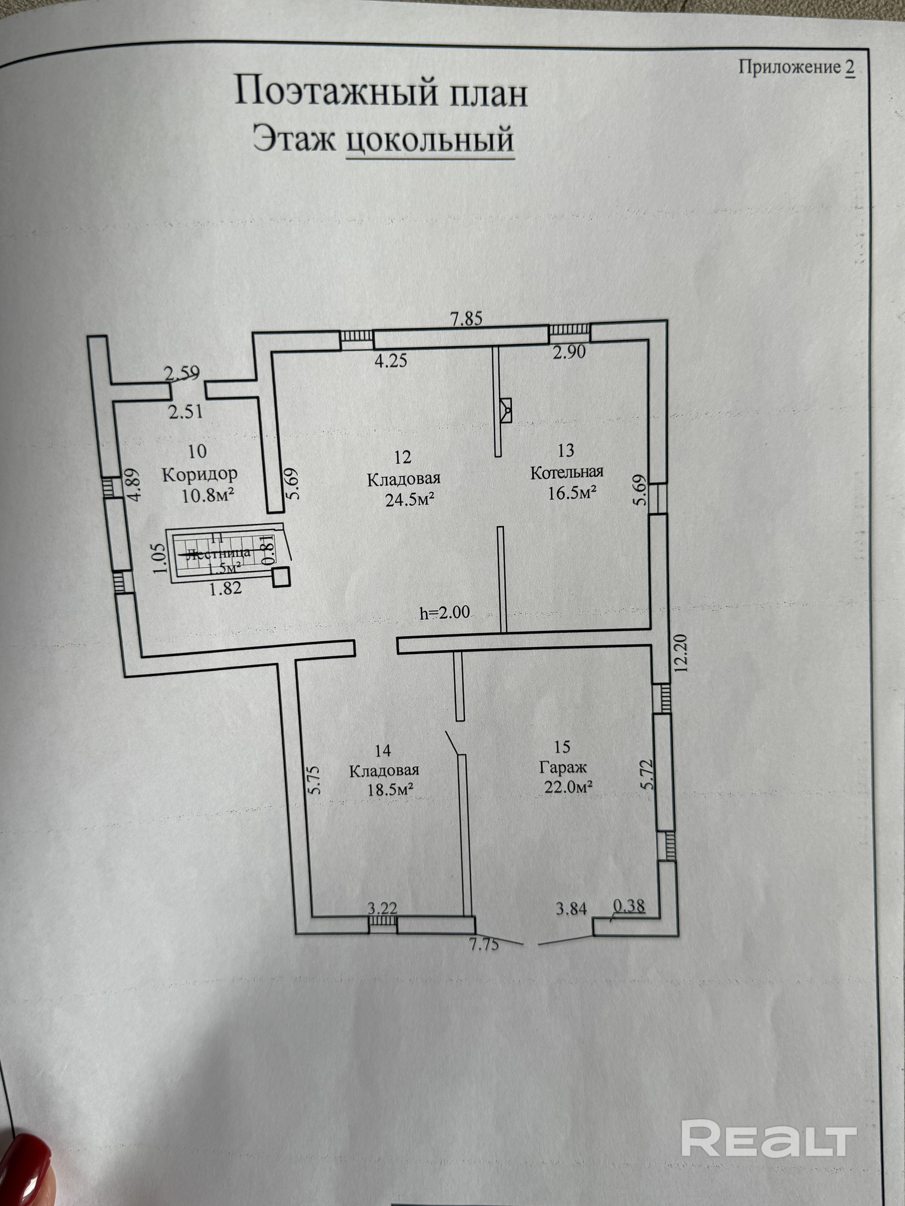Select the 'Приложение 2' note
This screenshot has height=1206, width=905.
(x=796, y=68)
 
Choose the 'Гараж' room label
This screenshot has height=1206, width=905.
(x=563, y=767)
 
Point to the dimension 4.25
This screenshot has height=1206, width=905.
(x=391, y=360)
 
